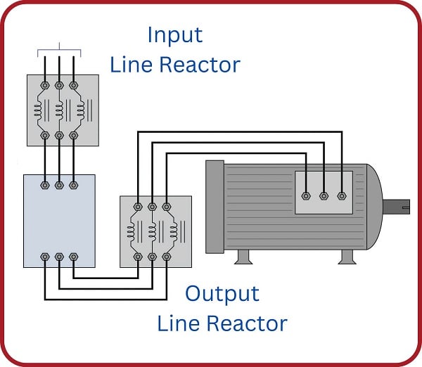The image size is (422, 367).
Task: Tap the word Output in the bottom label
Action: point(222,292)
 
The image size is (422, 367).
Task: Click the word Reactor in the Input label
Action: point(200,65)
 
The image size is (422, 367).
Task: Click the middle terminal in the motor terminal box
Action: point(324,197)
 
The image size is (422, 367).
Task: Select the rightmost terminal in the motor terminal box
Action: point(342,197)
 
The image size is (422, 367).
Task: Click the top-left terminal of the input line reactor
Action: point(44,85)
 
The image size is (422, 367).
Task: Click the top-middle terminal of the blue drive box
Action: point(60,186)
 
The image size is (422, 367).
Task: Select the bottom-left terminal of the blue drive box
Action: point(44,257)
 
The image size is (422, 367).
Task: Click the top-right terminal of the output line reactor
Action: point(167,207)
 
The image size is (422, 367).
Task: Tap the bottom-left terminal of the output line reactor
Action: point(137,257)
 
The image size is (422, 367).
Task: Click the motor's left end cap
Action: point(214,208)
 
